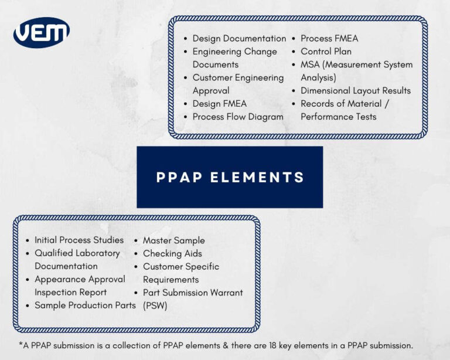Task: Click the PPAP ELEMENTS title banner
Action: [230, 177]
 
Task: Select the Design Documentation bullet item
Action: [239, 39]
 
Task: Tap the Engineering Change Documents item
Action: [234, 58]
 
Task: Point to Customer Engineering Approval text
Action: [237, 84]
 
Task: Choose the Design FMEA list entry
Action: [219, 104]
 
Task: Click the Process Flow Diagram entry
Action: [237, 117]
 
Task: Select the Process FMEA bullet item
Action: [329, 39]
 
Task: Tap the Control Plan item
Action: [326, 52]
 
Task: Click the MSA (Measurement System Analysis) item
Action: [356, 71]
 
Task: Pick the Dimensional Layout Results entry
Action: [355, 91]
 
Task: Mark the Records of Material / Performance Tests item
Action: [346, 110]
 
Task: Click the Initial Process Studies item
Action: [79, 240]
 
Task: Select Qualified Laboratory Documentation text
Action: [77, 260]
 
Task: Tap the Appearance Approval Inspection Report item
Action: [80, 286]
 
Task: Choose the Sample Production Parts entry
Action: [85, 305]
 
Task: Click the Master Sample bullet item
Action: [173, 240]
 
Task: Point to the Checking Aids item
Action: [172, 253]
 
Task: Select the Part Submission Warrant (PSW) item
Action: [192, 298]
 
